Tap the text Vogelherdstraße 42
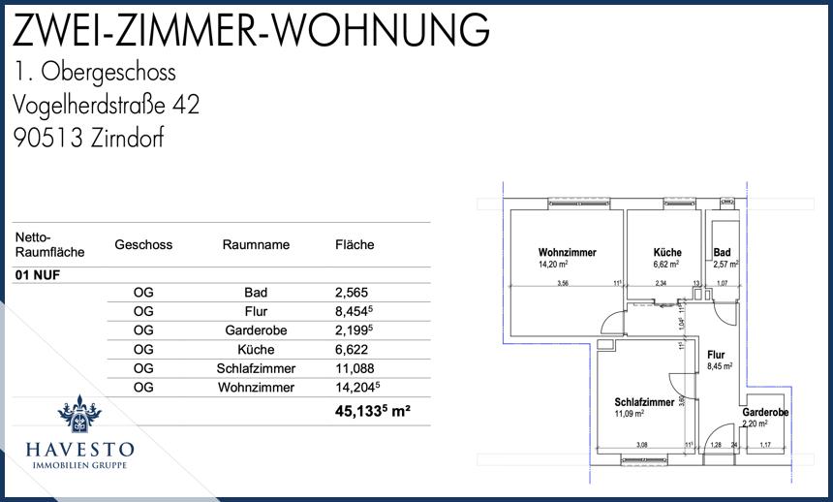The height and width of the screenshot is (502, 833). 107,105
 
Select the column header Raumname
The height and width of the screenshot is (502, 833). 256,245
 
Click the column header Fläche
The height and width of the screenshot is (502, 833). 355,245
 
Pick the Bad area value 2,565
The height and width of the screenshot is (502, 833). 353,293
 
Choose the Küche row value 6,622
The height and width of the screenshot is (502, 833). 353,350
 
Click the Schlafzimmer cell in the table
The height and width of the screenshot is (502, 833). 256,369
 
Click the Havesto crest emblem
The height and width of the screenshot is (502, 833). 79,416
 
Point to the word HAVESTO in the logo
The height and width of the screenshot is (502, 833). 79,450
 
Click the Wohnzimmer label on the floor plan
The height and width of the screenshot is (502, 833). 567,252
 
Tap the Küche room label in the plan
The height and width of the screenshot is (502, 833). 667,252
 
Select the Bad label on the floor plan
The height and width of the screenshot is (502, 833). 722,252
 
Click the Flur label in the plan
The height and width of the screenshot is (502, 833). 716,355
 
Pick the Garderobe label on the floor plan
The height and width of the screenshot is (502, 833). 765,413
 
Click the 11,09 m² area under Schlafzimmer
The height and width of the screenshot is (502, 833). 630,414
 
